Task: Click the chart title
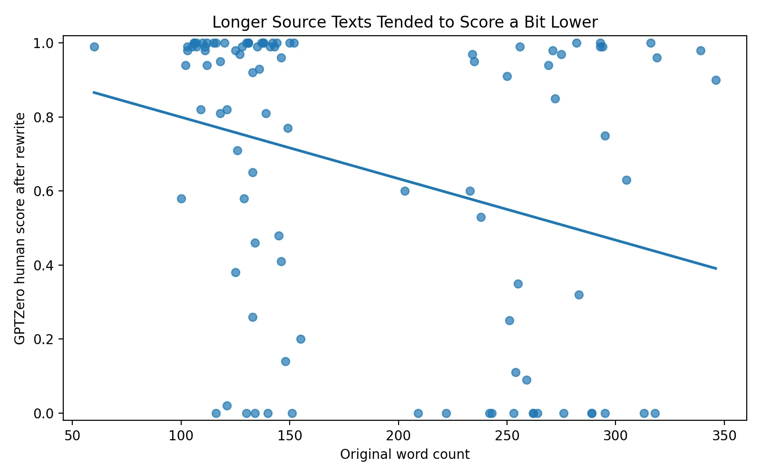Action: point(405,22)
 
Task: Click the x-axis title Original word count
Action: point(405,455)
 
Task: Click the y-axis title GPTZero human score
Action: point(20,228)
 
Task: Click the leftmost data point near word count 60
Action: point(94,47)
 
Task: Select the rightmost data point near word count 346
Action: point(716,80)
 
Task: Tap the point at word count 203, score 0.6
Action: point(405,191)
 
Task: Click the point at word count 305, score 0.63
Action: point(626,180)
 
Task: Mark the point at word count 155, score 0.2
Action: point(301,339)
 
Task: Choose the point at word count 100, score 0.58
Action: point(181,198)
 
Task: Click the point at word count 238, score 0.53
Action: point(481,217)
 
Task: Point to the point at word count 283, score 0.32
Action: point(579,295)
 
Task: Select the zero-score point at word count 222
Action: point(446,413)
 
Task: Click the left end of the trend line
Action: point(94,92)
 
